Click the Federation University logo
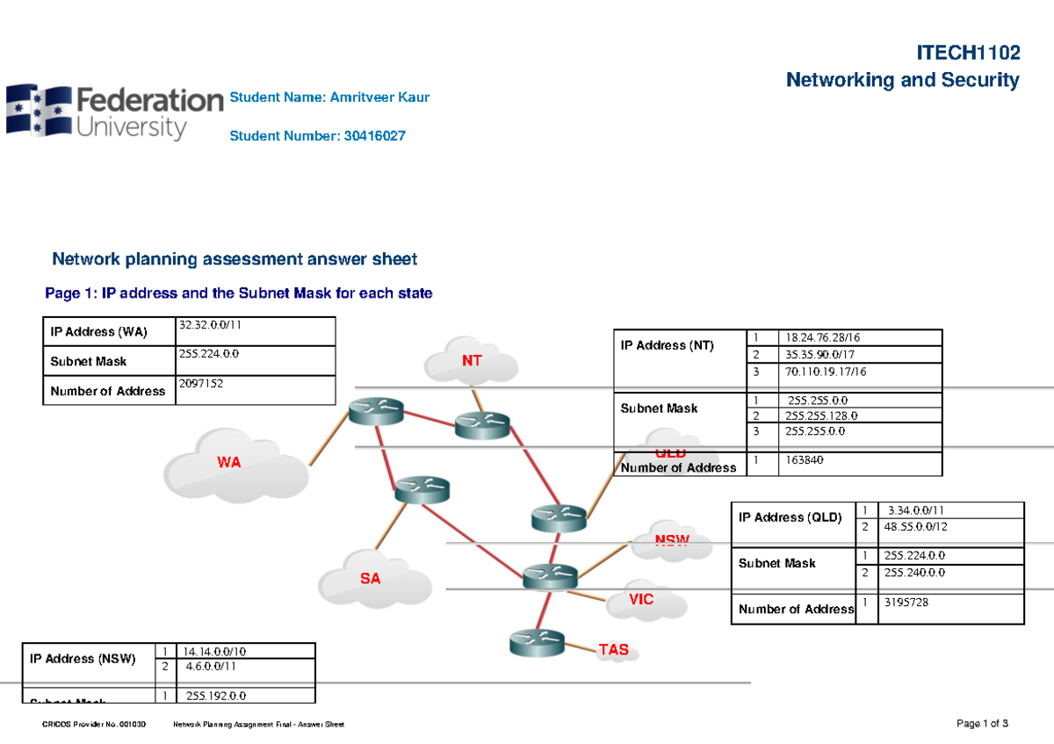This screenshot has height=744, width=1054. coord(114,112)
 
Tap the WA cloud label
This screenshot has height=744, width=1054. coord(228,462)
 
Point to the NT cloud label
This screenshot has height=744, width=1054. coord(473,361)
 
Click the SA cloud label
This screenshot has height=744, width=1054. coord(370,578)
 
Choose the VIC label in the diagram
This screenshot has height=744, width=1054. coord(641,600)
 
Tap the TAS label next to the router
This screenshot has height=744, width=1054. coord(614,650)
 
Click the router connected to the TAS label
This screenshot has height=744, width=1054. coord(536,644)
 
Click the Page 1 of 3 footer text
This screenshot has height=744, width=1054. coord(982,724)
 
